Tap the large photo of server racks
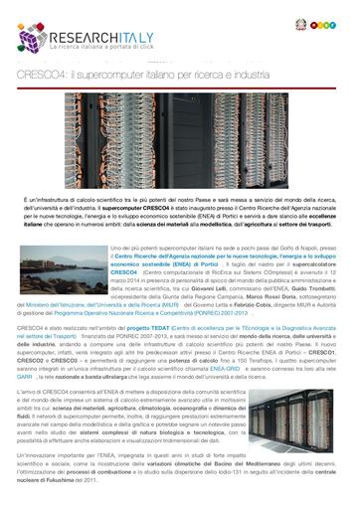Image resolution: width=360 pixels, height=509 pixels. click(179, 137)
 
